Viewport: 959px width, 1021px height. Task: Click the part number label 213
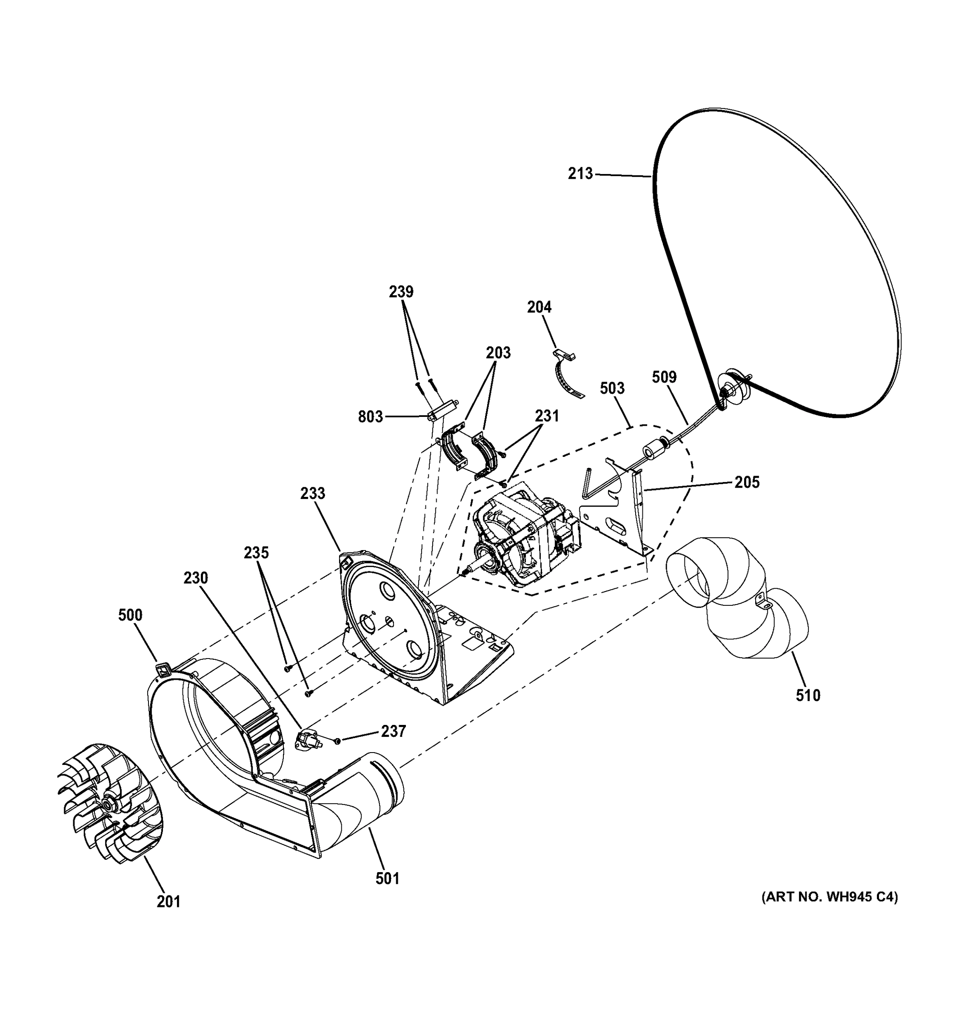coord(580,174)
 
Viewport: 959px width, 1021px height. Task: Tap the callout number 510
coord(808,696)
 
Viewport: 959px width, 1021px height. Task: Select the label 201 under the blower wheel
coord(168,901)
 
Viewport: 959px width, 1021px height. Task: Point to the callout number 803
coord(370,416)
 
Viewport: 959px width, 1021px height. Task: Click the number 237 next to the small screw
coord(393,731)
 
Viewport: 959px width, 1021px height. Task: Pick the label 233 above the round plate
coord(313,493)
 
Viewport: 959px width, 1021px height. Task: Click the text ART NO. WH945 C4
coord(829,897)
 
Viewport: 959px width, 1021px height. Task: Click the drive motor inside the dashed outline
coord(524,539)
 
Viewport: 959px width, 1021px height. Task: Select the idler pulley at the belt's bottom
coord(732,385)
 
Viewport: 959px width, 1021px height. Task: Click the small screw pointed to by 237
coord(337,740)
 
